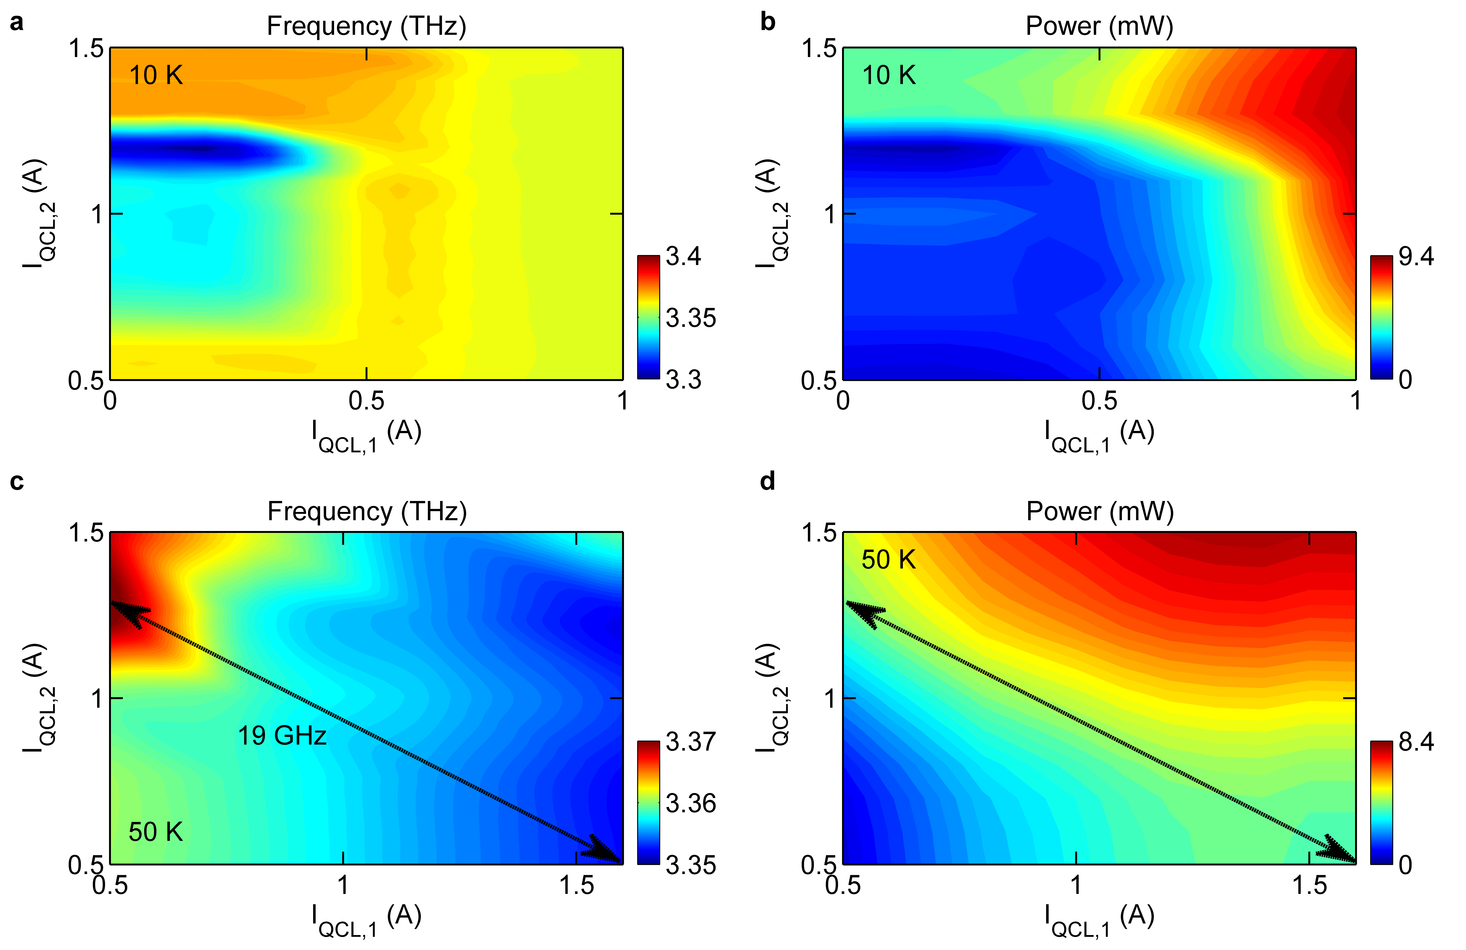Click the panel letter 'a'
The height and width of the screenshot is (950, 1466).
tap(17, 23)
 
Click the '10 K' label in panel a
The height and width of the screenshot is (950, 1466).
tap(156, 76)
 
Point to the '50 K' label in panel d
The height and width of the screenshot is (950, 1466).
tap(888, 560)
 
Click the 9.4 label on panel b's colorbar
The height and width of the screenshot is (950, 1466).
tap(1416, 256)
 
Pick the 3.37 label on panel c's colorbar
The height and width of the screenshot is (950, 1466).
tap(691, 741)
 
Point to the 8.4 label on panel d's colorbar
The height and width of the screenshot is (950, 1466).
tap(1416, 741)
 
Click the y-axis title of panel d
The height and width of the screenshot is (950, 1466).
tap(771, 698)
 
